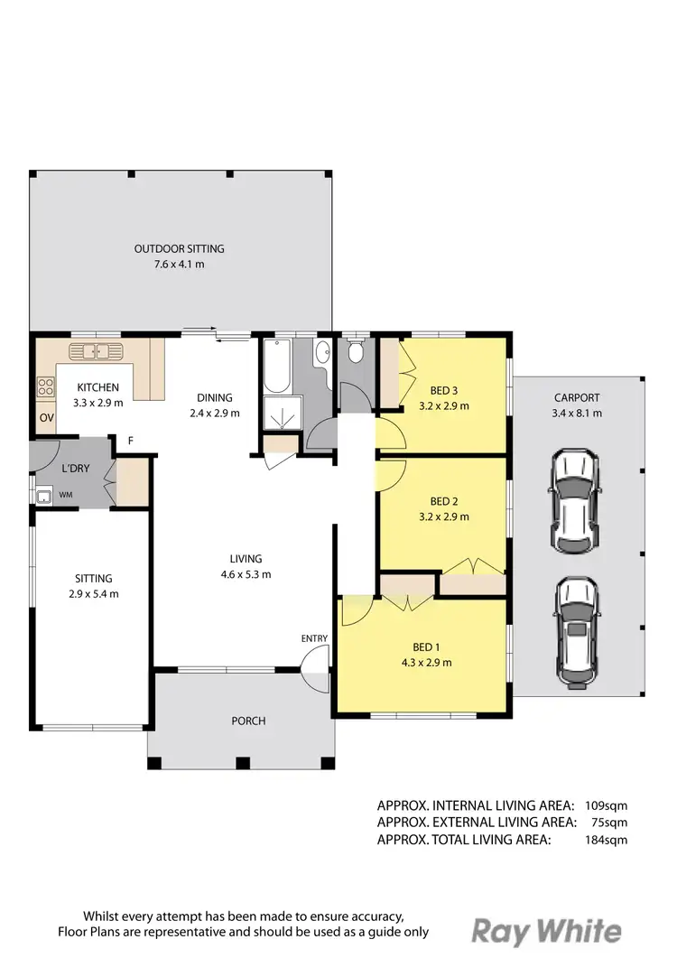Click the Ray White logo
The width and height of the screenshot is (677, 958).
click(548, 932)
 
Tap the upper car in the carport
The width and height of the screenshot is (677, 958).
click(575, 501)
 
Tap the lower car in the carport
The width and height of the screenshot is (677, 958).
click(575, 631)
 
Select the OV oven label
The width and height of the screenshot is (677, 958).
click(45, 418)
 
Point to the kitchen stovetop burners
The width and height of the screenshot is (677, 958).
click(45, 387)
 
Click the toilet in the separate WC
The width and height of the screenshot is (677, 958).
click(356, 351)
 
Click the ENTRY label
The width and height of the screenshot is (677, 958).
click(314, 638)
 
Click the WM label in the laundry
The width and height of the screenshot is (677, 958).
click(66, 495)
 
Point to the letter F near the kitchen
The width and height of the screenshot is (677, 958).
click(131, 441)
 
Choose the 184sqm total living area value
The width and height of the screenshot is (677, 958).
click(605, 840)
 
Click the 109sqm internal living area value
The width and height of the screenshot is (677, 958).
click(605, 805)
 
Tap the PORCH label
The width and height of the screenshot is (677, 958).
click(248, 721)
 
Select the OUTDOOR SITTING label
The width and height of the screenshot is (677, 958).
click(180, 248)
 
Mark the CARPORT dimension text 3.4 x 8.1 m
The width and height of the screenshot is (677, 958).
click(577, 413)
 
